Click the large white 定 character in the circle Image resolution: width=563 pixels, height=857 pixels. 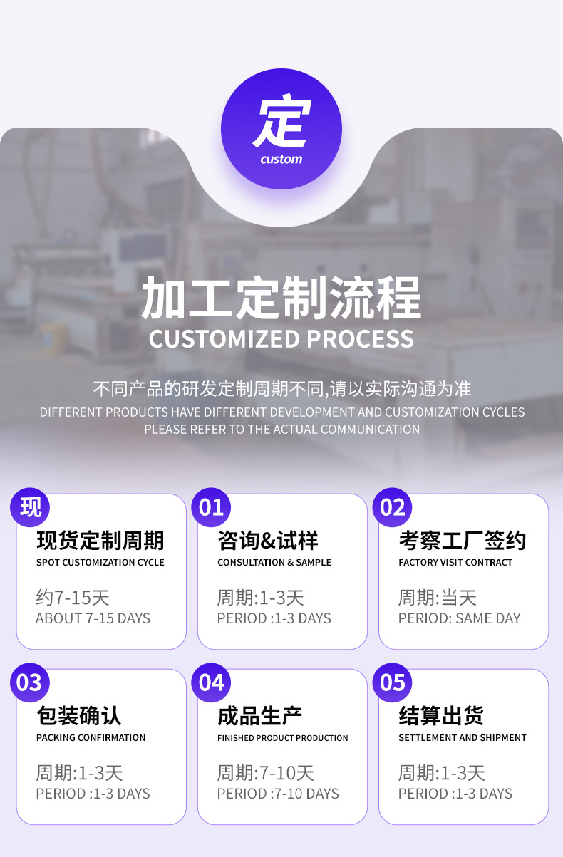click(x=282, y=122)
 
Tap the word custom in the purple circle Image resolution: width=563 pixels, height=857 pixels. click(x=281, y=159)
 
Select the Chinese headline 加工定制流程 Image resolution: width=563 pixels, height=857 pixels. click(x=281, y=298)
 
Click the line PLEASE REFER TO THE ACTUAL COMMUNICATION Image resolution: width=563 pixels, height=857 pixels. click(x=281, y=430)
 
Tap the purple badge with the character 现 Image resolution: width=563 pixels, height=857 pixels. click(x=31, y=507)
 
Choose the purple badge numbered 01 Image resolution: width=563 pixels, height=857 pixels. click(x=212, y=507)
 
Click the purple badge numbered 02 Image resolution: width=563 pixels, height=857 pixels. click(x=393, y=507)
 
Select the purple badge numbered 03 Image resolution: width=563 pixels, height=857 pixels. click(x=29, y=682)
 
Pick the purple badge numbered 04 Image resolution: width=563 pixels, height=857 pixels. click(x=212, y=682)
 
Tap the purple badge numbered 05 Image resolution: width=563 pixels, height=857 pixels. click(x=393, y=682)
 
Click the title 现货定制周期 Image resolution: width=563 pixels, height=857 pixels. click(x=100, y=541)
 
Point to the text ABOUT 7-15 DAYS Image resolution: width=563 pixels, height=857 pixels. click(x=93, y=618)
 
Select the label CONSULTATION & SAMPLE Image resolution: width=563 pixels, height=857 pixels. click(x=274, y=563)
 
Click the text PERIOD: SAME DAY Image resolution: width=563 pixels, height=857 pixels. click(x=459, y=618)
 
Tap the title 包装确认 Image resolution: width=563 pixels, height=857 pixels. click(x=78, y=716)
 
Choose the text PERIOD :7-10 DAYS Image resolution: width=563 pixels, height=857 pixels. click(x=278, y=794)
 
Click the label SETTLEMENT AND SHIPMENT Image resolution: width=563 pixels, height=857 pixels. click(x=462, y=738)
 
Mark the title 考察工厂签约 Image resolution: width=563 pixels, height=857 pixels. click(x=462, y=541)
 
